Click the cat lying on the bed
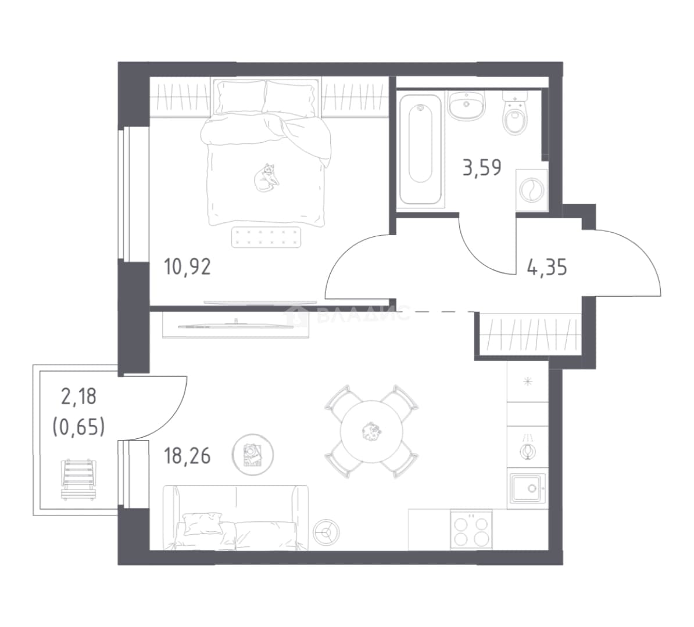(x=266, y=177)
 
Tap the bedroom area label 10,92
(x=187, y=267)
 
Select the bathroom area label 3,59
(x=482, y=168)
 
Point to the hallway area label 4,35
(x=547, y=268)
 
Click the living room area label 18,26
(x=187, y=456)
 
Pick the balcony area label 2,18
(x=79, y=396)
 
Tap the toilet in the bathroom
(x=514, y=113)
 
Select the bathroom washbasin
(x=466, y=105)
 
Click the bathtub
(x=420, y=148)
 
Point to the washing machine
(x=532, y=191)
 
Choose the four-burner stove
(x=471, y=529)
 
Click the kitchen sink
(x=528, y=488)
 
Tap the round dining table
(x=371, y=431)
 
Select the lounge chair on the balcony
(x=78, y=480)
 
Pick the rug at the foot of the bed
(x=266, y=237)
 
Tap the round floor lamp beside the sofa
(x=327, y=532)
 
